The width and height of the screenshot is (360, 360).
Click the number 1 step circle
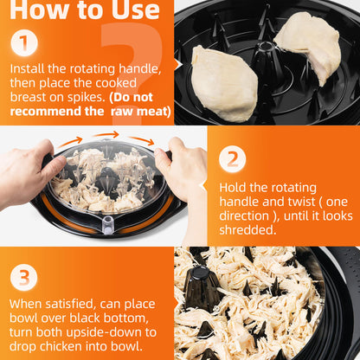24,43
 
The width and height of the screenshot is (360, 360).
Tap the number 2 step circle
233,159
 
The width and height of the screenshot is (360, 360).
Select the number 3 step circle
24,278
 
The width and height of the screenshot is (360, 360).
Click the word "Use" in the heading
136,10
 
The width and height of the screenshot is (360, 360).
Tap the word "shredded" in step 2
246,230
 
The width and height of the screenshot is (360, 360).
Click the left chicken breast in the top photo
225,84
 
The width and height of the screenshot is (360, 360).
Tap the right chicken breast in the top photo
307,47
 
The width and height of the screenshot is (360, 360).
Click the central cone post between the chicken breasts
265,59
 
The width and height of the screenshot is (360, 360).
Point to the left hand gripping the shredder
28,171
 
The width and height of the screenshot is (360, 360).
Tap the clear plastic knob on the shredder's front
108,224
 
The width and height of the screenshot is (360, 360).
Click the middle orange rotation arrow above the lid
106,134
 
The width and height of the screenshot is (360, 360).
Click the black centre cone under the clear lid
106,179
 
